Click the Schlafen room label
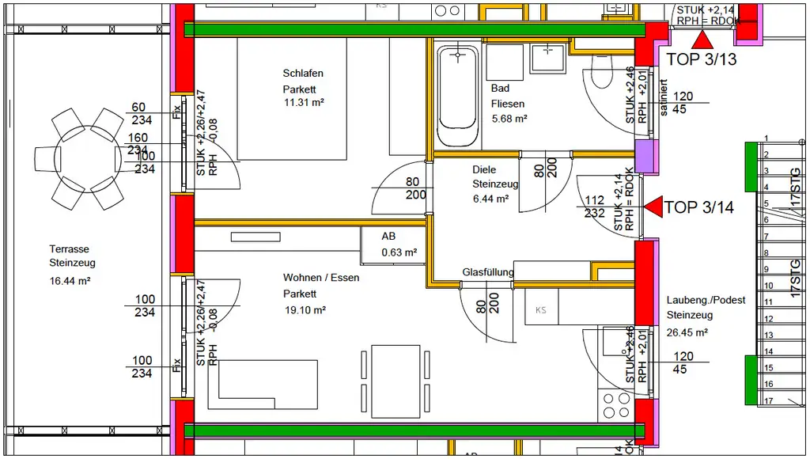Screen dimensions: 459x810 [x=303, y=74]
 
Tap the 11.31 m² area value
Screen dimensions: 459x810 [x=305, y=103]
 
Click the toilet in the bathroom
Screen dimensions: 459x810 [x=604, y=80]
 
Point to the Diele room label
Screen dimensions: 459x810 [x=483, y=169]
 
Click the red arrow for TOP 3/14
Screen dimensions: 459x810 [x=653, y=207]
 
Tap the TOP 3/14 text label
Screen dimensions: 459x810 [x=699, y=208]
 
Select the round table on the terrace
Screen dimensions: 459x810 [x=79, y=157]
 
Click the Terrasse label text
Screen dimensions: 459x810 [x=69, y=248]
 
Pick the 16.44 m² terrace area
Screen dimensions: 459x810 [x=70, y=280]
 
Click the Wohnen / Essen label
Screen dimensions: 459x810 [x=321, y=278]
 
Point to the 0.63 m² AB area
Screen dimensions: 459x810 [x=399, y=253]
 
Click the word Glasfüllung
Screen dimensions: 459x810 [x=488, y=272]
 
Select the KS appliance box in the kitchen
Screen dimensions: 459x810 [x=541, y=309]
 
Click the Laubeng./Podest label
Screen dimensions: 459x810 [x=706, y=300]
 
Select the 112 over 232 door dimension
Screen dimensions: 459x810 [x=594, y=207]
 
